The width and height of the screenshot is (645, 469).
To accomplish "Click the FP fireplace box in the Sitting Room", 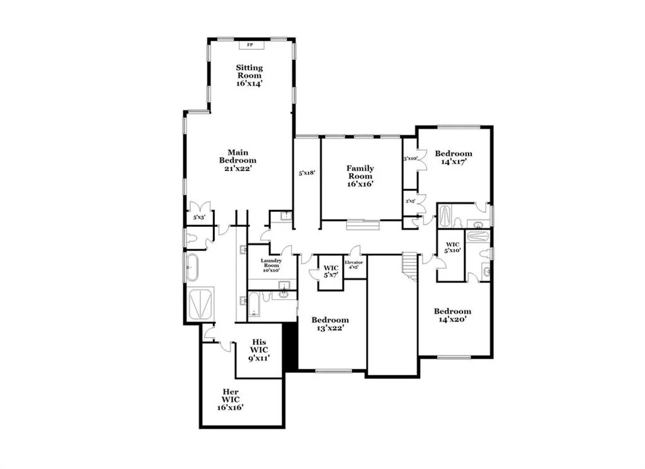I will click(250, 45).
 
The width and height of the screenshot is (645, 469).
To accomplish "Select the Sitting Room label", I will click(249, 75).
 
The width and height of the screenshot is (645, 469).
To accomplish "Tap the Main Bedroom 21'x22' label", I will click(237, 160).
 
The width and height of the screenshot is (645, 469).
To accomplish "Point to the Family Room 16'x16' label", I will click(360, 176).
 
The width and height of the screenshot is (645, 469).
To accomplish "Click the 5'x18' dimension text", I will click(307, 172).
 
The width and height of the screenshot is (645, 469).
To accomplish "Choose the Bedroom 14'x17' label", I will click(454, 158).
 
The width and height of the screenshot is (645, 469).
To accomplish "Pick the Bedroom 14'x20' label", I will click(452, 315).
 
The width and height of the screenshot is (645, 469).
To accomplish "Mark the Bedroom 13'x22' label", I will click(330, 324).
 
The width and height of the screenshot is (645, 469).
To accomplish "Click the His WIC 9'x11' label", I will click(258, 350).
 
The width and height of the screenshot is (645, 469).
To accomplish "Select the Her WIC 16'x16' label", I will click(231, 399).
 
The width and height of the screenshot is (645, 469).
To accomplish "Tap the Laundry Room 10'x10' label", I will click(271, 265).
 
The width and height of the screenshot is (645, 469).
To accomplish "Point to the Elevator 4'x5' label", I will click(353, 264).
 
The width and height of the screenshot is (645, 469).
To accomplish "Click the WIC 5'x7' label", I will click(331, 272).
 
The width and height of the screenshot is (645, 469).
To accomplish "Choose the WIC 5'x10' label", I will click(453, 246).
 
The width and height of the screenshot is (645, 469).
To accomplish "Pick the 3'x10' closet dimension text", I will click(411, 159).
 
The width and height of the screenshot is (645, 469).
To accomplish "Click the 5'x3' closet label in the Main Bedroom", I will click(199, 217).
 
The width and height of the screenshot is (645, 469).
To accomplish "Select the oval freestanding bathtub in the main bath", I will click(191, 267).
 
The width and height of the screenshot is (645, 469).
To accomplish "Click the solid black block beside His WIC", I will click(290, 347).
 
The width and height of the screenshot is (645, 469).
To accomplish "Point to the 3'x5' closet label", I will click(410, 202).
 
